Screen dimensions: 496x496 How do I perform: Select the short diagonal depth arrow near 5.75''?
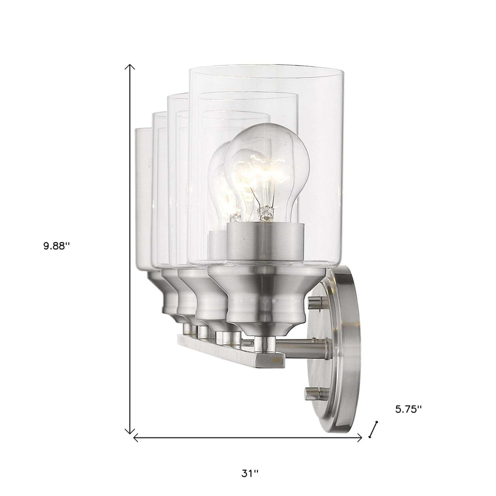tap(374, 430)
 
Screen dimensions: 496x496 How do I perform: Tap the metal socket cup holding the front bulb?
tap(265, 241)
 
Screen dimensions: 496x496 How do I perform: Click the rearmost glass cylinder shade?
tap(143, 198)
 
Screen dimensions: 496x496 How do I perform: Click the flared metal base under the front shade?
tap(265, 298)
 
